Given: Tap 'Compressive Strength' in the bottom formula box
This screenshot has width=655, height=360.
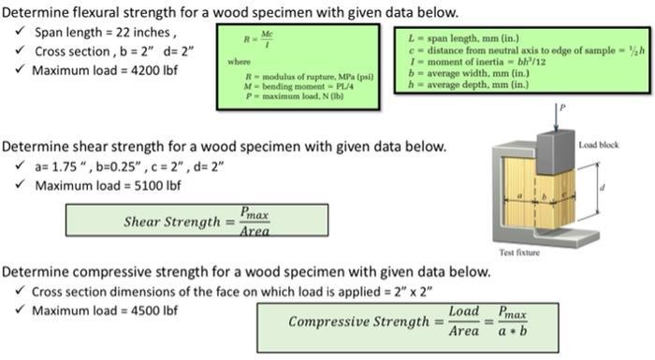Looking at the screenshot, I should pyautogui.click(x=358, y=322).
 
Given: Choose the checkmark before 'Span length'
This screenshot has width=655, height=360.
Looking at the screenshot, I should pyautogui.click(x=21, y=32).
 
